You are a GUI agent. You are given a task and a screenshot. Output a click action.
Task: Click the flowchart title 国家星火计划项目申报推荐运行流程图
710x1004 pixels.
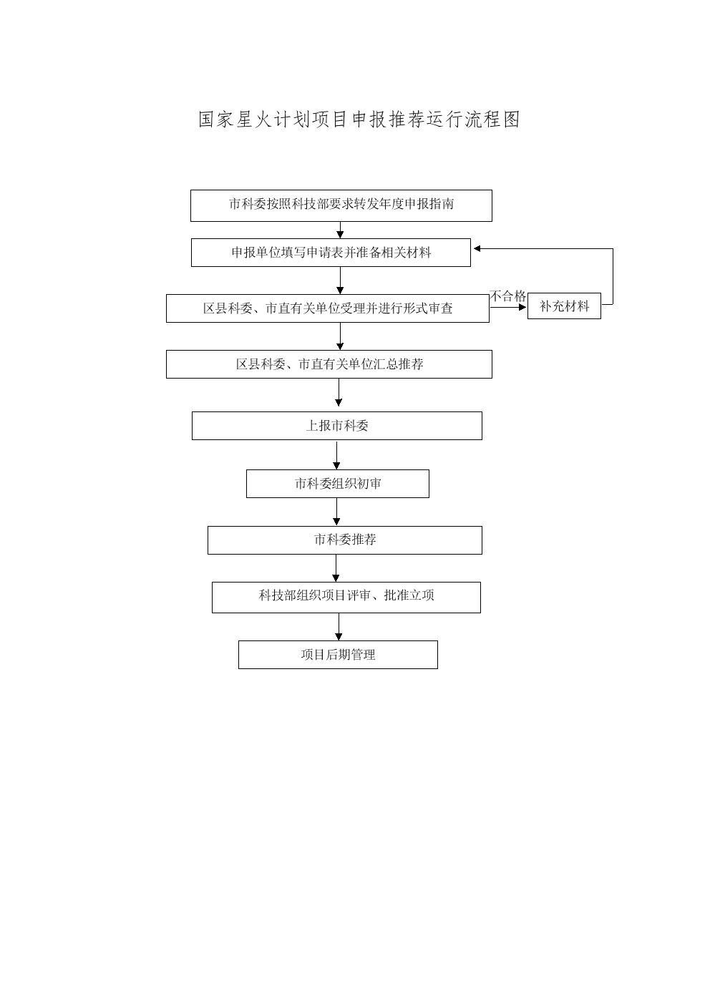359,120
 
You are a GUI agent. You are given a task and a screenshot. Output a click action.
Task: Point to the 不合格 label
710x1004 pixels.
507,296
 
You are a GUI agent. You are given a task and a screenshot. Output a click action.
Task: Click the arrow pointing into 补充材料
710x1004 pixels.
508,307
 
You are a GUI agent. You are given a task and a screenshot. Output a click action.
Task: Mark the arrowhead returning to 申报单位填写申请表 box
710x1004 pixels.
477,249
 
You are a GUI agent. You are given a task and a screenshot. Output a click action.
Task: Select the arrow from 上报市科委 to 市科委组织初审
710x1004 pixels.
336,455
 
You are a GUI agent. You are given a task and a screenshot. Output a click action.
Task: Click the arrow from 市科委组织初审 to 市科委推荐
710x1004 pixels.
336,512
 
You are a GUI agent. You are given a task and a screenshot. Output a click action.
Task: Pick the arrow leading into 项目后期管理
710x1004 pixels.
339,627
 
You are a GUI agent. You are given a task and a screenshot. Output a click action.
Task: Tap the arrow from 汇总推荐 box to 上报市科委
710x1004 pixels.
339,392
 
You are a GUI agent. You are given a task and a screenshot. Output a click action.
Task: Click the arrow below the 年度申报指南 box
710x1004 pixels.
340,230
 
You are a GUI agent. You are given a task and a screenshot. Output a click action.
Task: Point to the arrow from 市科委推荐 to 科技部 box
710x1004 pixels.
336,568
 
